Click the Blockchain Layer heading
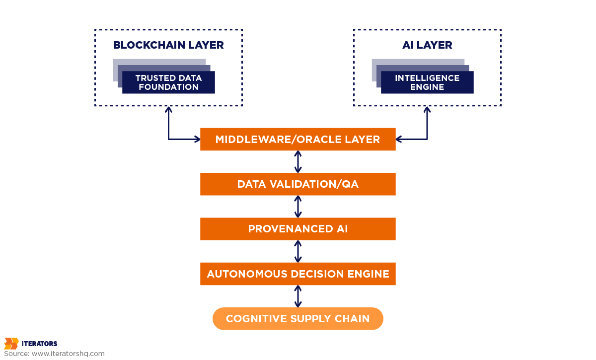click(168, 45)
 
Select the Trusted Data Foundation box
click(168, 82)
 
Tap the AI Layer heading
click(427, 45)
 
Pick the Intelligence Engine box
click(427, 82)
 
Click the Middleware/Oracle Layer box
click(298, 140)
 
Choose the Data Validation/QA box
click(298, 184)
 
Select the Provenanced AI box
click(298, 229)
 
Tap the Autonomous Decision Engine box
click(298, 274)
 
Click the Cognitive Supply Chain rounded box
click(298, 319)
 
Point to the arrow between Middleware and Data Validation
click(298, 162)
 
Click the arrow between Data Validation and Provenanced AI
click(298, 207)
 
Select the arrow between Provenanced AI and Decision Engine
click(298, 251)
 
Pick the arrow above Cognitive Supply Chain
click(298, 296)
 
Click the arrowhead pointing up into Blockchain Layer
click(168, 109)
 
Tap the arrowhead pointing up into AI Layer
click(427, 109)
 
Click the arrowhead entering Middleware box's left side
click(197, 140)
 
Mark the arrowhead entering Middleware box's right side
click(399, 140)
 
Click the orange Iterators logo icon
click(11, 344)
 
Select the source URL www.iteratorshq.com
click(68, 354)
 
